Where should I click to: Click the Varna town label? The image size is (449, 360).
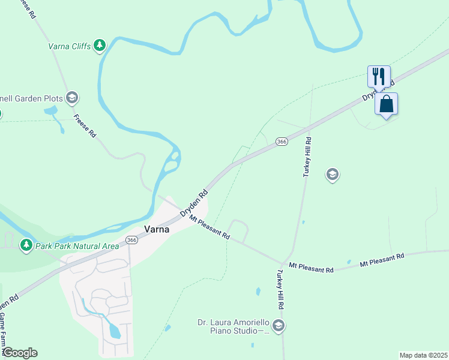click(156, 229)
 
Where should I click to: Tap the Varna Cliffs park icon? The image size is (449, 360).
click(100, 45)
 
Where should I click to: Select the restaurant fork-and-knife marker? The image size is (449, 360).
click(379, 77)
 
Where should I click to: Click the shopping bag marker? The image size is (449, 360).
click(387, 104)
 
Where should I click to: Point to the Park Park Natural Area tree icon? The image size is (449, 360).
click(26, 245)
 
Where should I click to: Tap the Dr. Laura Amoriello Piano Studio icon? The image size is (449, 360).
click(278, 326)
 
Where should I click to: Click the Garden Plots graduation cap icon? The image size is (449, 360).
click(71, 98)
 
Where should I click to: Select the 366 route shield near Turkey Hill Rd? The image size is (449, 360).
click(282, 142)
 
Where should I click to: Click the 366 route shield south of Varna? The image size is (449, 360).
click(131, 240)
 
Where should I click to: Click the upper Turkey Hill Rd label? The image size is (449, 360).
click(308, 157)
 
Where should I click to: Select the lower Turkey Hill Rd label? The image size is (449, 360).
click(280, 289)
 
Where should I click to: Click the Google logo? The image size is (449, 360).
click(20, 353)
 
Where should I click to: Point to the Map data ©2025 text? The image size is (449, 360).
click(423, 355)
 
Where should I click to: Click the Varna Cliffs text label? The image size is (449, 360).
click(69, 46)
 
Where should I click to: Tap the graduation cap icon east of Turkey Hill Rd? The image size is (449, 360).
click(332, 175)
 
